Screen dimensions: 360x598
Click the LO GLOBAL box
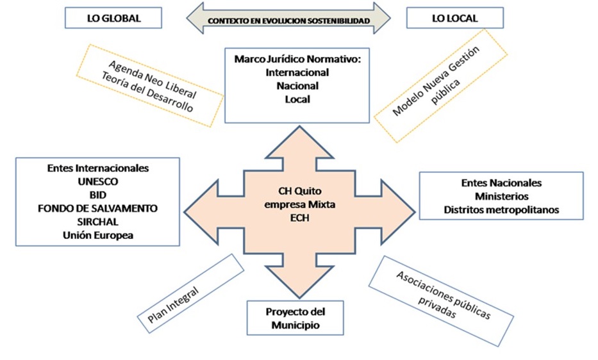(113, 19)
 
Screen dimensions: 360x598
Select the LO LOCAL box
(454, 19)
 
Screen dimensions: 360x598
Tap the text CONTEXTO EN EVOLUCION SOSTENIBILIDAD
(288, 21)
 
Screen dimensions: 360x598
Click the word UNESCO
(98, 182)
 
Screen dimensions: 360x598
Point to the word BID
(98, 195)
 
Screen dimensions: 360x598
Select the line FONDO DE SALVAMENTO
(98, 209)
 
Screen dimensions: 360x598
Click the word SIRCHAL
(98, 222)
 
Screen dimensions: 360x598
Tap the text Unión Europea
(98, 235)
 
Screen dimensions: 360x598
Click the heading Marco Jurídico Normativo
(297, 60)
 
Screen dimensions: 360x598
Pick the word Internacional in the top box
(297, 73)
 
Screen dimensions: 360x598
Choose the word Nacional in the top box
(297, 86)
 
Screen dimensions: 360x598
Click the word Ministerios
(501, 196)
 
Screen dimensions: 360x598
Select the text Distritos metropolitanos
(501, 209)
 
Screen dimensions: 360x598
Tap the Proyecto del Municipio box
(295, 318)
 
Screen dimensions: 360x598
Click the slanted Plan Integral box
(187, 293)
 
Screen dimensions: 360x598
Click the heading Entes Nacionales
(501, 183)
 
